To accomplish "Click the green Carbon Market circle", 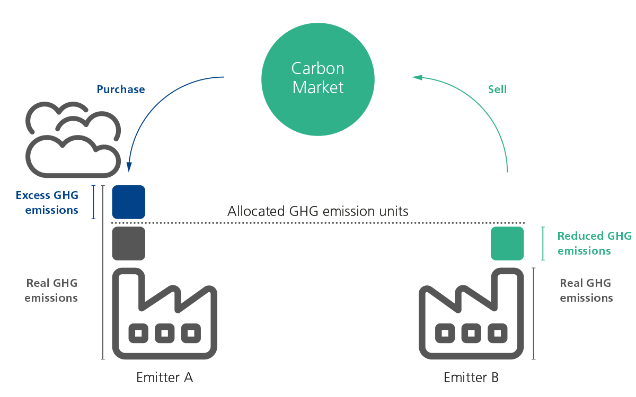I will point(318,79).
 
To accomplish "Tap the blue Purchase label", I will point(121,89).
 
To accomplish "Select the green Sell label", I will point(497,89).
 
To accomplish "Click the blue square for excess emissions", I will point(128,202).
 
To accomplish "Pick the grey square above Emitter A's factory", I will point(128,243).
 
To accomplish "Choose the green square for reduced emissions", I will point(507,243).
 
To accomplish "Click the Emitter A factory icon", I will point(164,315).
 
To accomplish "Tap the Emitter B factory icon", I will point(471,315).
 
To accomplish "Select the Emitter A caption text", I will point(164,377).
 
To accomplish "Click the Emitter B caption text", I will point(471,377).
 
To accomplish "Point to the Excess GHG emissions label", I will point(47,203).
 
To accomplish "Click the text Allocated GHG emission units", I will point(318,212).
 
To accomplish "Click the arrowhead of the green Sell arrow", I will point(417,77).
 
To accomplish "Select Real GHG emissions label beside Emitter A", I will point(51,291).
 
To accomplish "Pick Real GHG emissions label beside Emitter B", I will point(586,291).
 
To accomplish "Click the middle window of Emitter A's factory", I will point(164,333).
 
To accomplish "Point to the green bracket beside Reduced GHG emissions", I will point(543,243).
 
